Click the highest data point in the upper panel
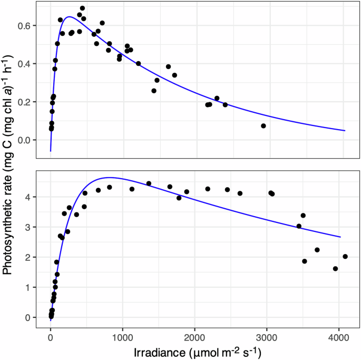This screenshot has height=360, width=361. click(x=83, y=8)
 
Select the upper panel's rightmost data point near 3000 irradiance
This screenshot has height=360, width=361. click(x=264, y=126)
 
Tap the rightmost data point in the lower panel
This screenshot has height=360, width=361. click(x=345, y=257)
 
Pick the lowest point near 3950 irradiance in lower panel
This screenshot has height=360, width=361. click(x=335, y=269)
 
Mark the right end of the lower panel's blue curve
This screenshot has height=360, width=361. click(x=340, y=237)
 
